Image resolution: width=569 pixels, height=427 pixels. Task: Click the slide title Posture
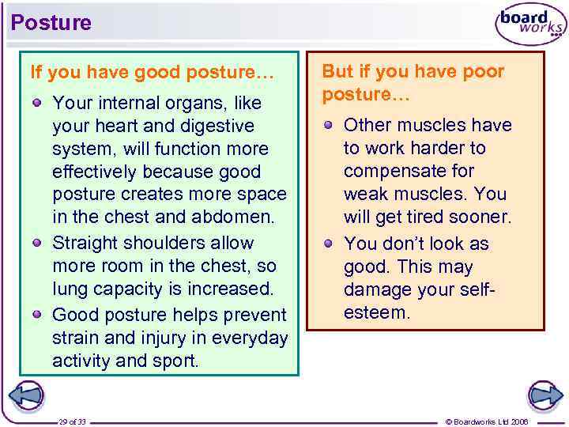(51, 23)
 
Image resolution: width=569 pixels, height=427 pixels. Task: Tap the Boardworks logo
(530, 25)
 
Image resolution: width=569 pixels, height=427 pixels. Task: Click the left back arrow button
(25, 395)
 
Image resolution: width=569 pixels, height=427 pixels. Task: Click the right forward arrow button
(545, 395)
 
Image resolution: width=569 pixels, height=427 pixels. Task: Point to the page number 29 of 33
(72, 421)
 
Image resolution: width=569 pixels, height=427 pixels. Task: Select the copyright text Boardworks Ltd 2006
(487, 421)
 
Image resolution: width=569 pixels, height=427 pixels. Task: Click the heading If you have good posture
(152, 73)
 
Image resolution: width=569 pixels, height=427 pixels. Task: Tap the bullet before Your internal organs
(37, 103)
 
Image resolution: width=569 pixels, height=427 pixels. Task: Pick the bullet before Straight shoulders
(37, 243)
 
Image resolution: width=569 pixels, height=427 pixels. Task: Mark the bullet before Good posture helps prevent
(37, 313)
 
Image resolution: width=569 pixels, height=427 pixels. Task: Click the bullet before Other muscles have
(330, 125)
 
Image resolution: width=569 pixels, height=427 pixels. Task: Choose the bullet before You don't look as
(330, 243)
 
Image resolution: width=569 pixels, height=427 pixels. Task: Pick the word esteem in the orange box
(377, 312)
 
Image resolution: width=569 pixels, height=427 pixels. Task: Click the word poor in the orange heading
(484, 72)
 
